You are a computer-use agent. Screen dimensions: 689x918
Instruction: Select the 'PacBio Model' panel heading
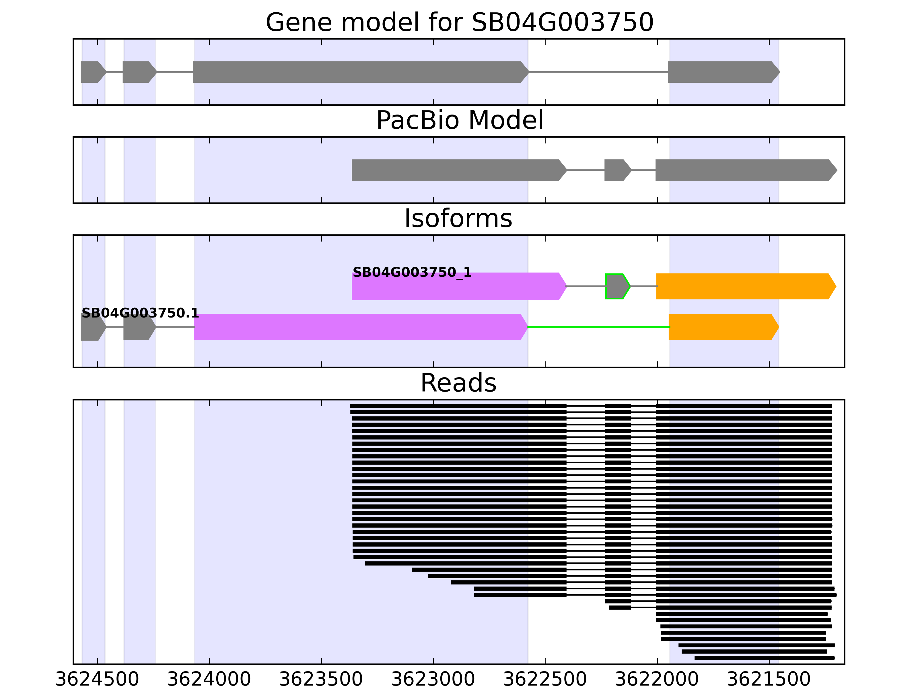coord(459,121)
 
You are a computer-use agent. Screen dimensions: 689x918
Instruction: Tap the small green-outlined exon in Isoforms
coord(617,286)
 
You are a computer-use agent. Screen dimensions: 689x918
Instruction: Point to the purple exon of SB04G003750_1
coord(456,289)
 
